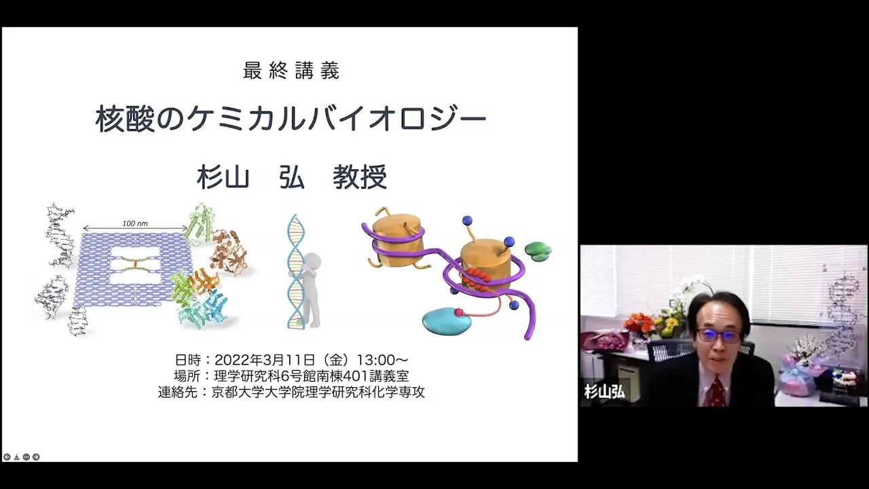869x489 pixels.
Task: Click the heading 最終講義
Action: pyautogui.click(x=291, y=71)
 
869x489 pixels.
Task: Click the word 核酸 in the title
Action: pyautogui.click(x=125, y=119)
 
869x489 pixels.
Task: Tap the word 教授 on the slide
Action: pyautogui.click(x=360, y=177)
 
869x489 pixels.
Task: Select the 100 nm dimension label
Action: pyautogui.click(x=135, y=223)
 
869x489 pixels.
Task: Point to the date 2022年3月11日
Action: pyautogui.click(x=265, y=360)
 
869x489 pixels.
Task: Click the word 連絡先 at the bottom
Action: pyautogui.click(x=178, y=392)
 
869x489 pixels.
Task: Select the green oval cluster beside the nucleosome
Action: pyautogui.click(x=538, y=251)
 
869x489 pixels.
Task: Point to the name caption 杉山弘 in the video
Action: pyautogui.click(x=604, y=392)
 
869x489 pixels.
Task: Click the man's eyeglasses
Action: pyautogui.click(x=718, y=335)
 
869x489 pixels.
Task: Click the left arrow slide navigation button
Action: pyautogui.click(x=7, y=457)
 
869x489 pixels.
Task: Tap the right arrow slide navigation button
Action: pyautogui.click(x=36, y=457)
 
